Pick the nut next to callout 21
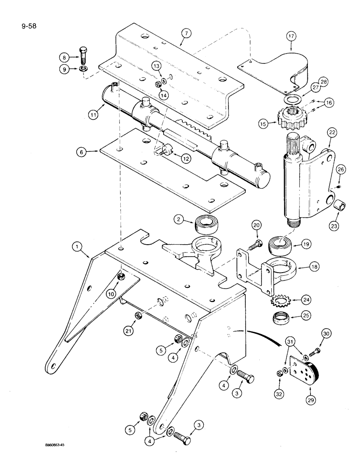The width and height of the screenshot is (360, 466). click(138, 316)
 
